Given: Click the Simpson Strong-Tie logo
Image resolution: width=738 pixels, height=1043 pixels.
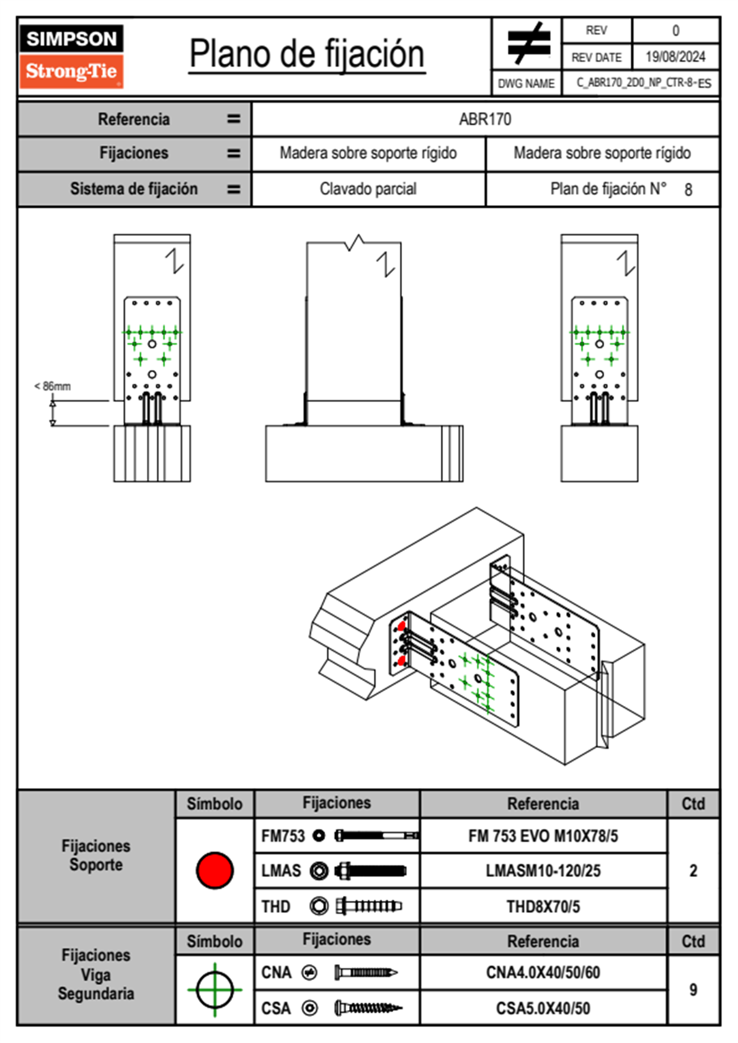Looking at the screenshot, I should [x=71, y=56].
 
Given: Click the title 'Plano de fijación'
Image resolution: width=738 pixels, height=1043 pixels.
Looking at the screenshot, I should [x=307, y=54].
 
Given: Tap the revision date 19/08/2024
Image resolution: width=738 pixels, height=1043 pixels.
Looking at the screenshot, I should [x=675, y=57].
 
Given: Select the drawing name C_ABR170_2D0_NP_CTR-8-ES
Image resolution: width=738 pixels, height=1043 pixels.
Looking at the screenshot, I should [x=643, y=83].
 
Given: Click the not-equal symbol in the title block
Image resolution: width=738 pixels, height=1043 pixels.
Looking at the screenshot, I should [x=527, y=43].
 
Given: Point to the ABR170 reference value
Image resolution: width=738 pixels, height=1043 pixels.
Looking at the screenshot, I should [x=485, y=119].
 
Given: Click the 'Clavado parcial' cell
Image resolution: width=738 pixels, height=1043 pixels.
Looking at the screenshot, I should [x=368, y=189].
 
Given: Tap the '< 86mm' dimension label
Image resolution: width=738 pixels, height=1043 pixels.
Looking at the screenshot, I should [x=52, y=386].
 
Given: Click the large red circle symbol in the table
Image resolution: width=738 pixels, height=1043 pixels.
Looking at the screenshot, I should [x=215, y=870].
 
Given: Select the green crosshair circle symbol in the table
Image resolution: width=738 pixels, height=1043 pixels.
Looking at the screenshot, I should [x=215, y=990].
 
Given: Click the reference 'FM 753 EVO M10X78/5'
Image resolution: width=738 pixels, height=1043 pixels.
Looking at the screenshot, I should [x=543, y=837].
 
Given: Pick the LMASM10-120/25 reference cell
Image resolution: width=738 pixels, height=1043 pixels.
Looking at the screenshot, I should [x=543, y=871].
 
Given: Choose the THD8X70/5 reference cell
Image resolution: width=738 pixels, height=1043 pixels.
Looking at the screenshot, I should [x=543, y=907].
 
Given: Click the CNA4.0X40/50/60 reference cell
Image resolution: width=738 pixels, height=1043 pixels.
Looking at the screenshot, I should [x=543, y=972].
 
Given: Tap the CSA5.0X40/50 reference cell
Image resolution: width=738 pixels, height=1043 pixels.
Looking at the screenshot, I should [x=543, y=1008].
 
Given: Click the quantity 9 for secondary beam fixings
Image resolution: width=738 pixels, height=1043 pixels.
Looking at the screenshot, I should [x=693, y=990].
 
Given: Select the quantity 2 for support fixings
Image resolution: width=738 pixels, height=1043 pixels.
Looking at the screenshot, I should [x=693, y=871].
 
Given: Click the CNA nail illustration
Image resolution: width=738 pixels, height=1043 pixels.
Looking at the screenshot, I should [x=366, y=972].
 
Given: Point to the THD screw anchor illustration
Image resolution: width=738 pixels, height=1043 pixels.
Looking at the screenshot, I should [x=368, y=907].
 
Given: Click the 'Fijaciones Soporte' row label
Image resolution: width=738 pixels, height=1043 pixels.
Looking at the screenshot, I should [x=96, y=855].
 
